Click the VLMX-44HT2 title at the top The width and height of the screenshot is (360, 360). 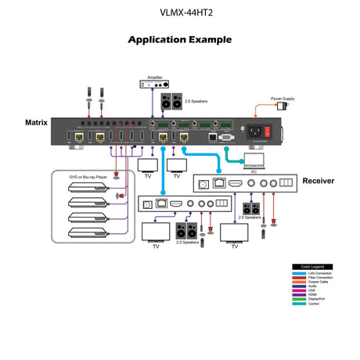pyautogui.click(x=179, y=13)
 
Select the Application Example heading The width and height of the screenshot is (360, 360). pyautogui.click(x=179, y=39)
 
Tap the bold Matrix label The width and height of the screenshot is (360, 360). pyautogui.click(x=35, y=123)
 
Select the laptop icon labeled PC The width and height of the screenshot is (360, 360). pyautogui.click(x=255, y=160)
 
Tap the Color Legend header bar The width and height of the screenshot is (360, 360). pyautogui.click(x=313, y=266)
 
